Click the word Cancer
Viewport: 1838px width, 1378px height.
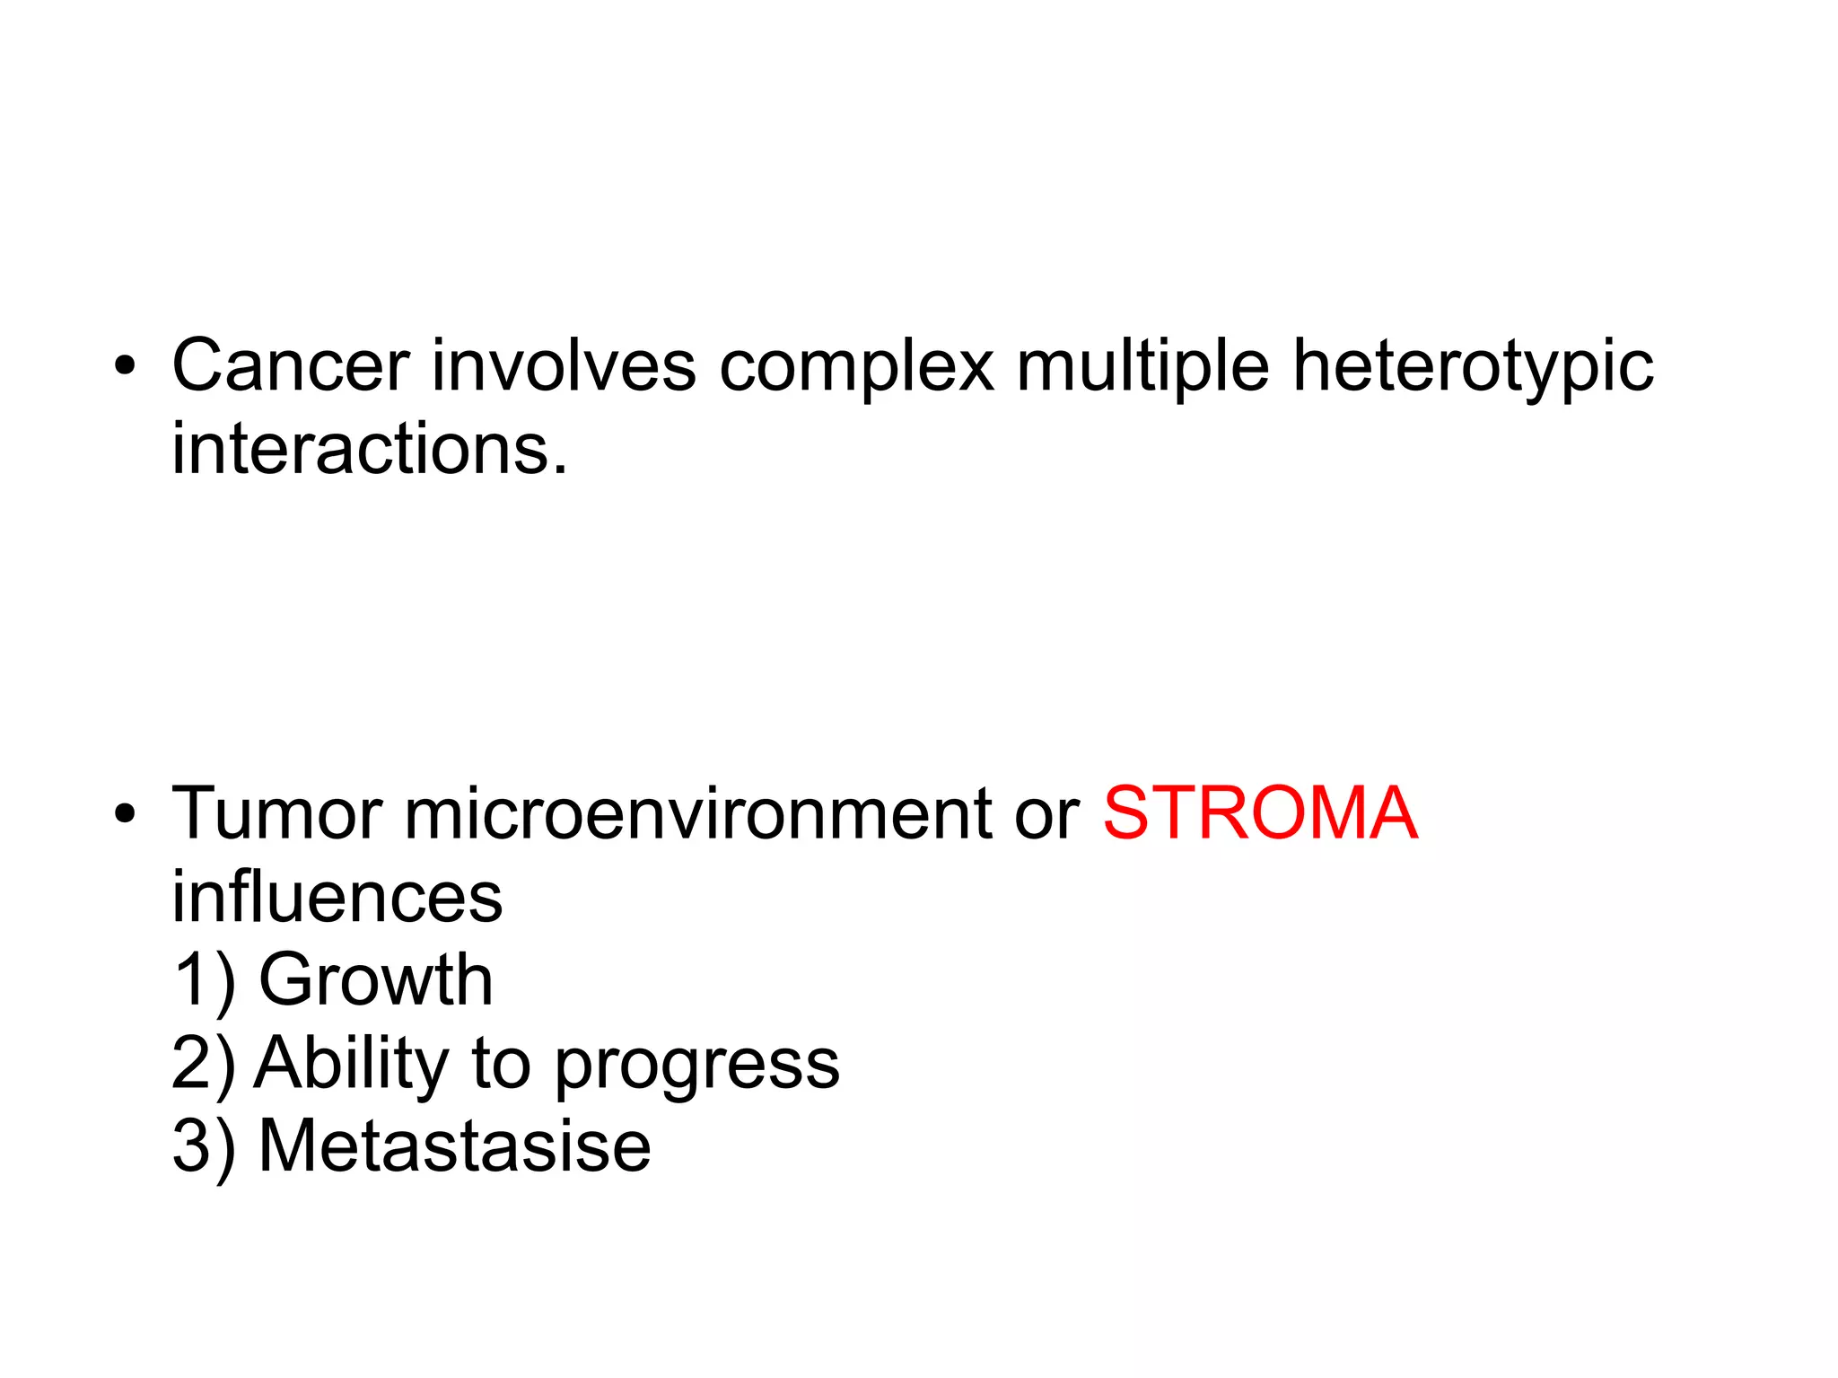[x=291, y=365]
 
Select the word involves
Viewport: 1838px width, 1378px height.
[x=564, y=365]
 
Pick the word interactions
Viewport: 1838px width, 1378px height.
[x=369, y=448]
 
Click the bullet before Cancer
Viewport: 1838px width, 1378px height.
[x=125, y=366]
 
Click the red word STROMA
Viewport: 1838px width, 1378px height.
[x=1260, y=813]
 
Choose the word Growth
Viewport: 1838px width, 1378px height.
[x=375, y=979]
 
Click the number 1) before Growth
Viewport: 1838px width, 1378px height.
[x=204, y=981]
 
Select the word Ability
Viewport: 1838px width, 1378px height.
[x=351, y=1065]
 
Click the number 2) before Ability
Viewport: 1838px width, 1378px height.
[x=204, y=1064]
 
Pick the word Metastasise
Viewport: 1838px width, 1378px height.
[x=454, y=1146]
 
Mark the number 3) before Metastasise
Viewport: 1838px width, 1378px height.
[x=204, y=1147]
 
